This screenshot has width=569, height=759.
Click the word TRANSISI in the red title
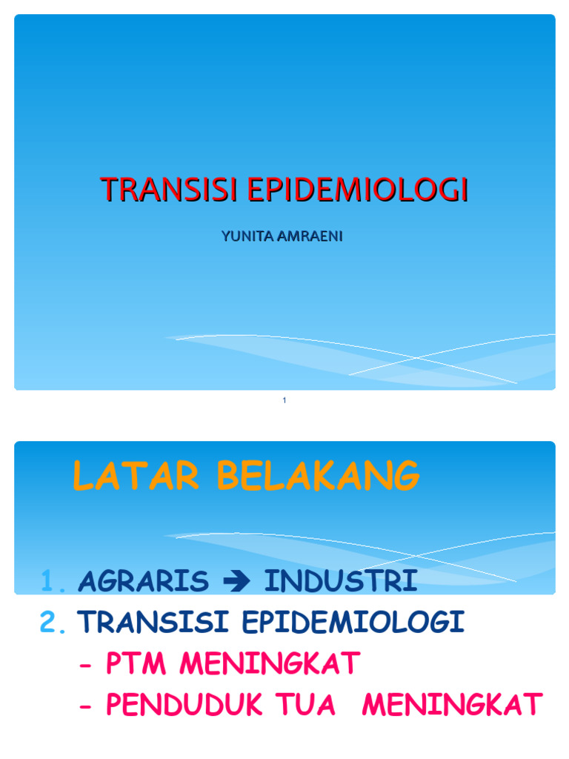pos(170,190)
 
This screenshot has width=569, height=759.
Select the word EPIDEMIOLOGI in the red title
pos(358,190)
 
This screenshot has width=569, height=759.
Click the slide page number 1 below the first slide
pos(284,401)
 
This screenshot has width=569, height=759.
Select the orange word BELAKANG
pos(318,476)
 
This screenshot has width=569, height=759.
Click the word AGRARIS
pos(142,582)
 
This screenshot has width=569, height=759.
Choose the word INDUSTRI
pos(341,582)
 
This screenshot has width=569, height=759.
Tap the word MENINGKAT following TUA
pos(452,704)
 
